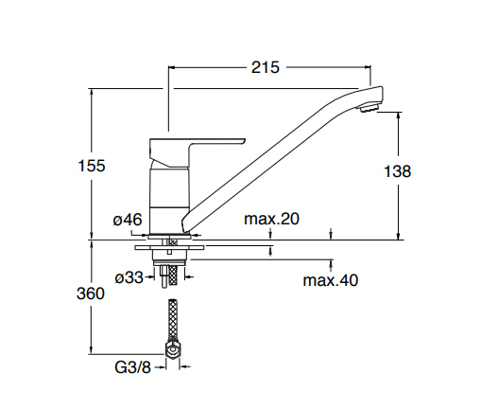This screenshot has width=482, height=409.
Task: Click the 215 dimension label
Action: click(x=265, y=67)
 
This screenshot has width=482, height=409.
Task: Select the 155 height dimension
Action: click(x=92, y=166)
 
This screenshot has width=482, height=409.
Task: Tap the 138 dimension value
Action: click(x=398, y=171)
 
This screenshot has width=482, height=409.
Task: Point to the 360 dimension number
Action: click(x=91, y=293)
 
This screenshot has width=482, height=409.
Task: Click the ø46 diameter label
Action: click(x=128, y=220)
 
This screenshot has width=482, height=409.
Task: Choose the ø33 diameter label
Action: click(x=129, y=277)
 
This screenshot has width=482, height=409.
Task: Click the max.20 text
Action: click(x=271, y=219)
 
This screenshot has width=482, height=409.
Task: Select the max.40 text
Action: click(x=331, y=280)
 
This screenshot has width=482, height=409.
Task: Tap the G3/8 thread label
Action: click(x=133, y=367)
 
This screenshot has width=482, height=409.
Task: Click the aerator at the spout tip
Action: click(x=368, y=108)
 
